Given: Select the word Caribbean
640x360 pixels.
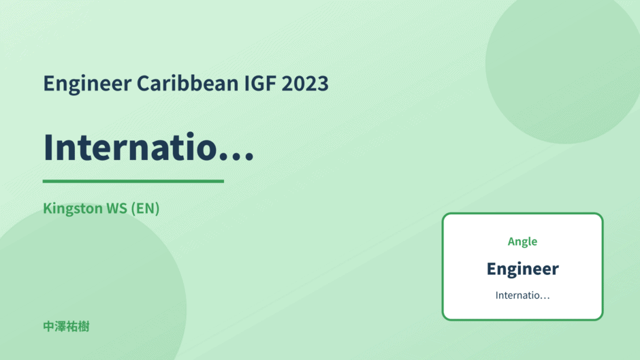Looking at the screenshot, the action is (187, 83).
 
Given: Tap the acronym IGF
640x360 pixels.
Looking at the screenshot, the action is (259, 84).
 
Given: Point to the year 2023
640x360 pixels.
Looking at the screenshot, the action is (305, 84).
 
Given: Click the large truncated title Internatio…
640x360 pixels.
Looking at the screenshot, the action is (148, 147).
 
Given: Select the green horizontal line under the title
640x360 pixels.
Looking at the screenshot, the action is (133, 181).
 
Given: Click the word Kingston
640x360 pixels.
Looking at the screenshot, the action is (73, 209).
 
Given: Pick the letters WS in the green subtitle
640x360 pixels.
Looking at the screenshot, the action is (116, 208).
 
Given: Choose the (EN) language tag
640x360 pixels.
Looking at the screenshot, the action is (145, 208).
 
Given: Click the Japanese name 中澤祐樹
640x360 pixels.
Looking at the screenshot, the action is (66, 327).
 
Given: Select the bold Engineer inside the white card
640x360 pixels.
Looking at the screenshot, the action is (522, 269).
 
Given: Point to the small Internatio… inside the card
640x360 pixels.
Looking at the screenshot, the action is (522, 295).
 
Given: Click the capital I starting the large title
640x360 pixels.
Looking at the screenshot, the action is (48, 147).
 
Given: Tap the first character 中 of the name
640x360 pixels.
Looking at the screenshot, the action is (49, 327).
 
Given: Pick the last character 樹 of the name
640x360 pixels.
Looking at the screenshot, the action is (84, 327).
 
